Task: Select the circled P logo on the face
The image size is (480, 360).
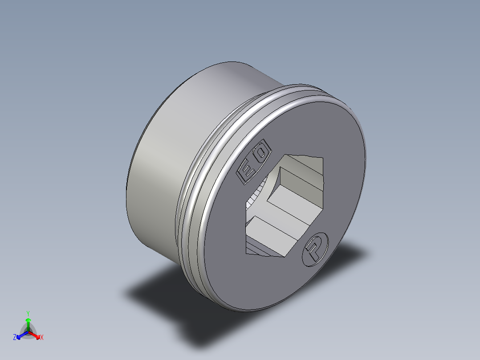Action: tap(315, 248)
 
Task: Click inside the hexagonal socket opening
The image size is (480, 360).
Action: tap(285, 205)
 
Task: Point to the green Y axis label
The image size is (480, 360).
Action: tap(28, 313)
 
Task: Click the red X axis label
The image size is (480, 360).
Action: tap(42, 337)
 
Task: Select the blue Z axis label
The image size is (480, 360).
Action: tap(15, 337)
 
